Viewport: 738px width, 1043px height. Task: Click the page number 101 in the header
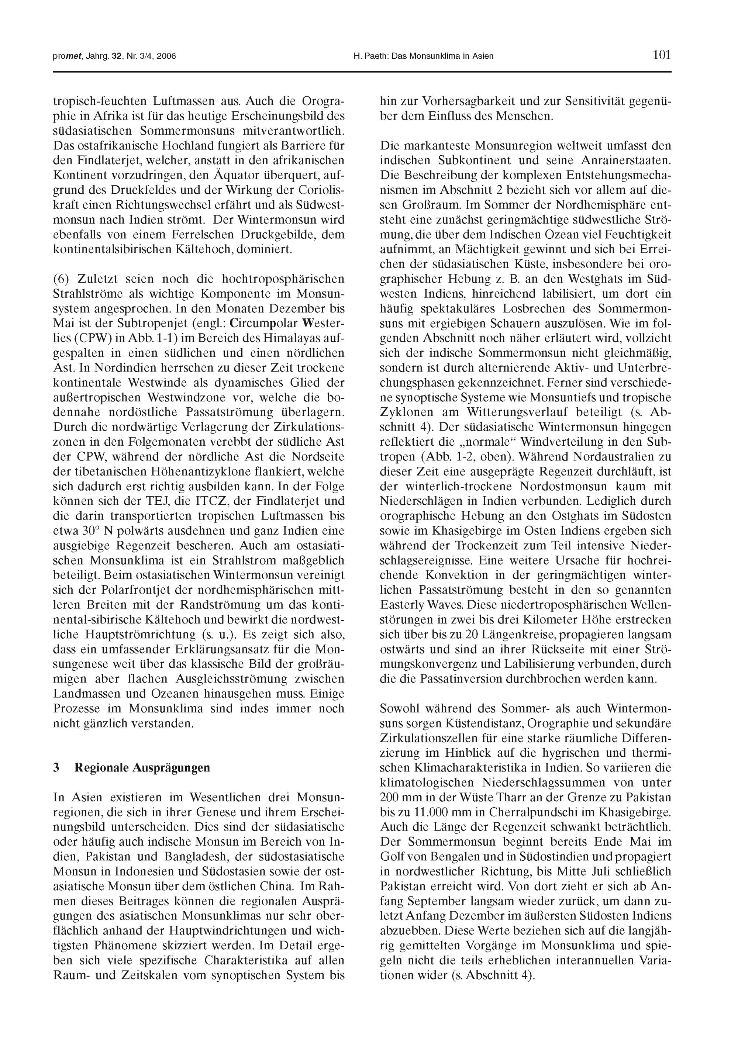662,55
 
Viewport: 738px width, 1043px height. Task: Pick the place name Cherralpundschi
518,813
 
